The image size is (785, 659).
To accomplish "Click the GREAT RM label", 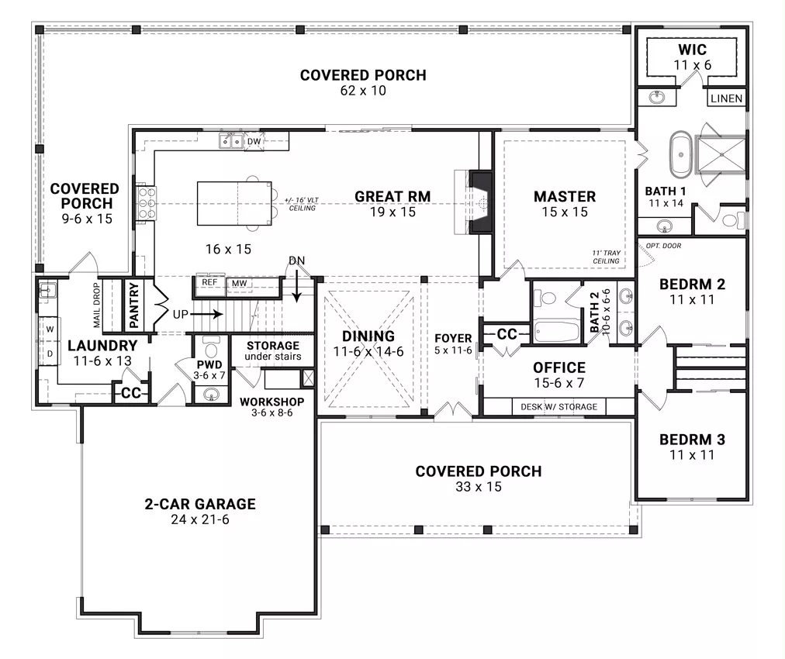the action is pos(392,197).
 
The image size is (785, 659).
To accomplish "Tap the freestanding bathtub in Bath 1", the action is pos(680,154).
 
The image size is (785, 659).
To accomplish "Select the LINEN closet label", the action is pos(726,98).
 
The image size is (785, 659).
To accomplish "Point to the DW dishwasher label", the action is pos(254,142).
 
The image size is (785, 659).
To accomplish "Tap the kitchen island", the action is pos(234,204).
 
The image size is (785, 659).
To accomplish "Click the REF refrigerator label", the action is pos(209,282).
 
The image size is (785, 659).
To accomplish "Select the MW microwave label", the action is pos(240,283).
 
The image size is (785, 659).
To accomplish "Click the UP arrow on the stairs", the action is pos(206,314).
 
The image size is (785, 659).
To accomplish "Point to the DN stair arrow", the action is pos(297,286).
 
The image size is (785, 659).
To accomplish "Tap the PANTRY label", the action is pos(133,305).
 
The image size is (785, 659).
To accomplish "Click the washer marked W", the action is pos(50,329).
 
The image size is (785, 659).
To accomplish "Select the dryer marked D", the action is pos(50,354).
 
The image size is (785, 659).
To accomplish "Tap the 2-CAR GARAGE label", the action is pos(200,504).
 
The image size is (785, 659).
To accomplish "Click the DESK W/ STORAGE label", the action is pos(558,407).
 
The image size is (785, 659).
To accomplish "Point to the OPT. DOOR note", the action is pos(663,246).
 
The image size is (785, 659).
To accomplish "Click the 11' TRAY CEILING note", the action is pos(607,257).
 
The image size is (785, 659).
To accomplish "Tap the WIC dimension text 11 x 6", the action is pos(693,65).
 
